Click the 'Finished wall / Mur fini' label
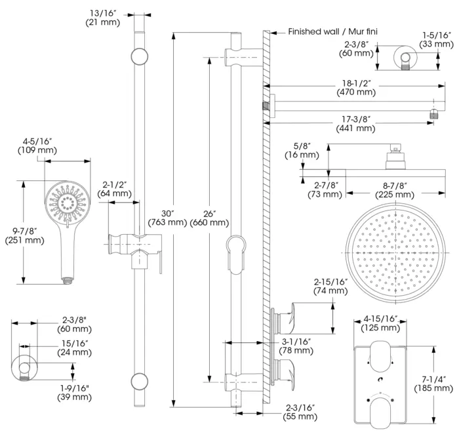coord(332,31)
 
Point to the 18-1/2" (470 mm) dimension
coord(356,88)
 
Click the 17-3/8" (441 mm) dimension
coord(356,123)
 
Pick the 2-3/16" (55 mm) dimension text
coord(301,412)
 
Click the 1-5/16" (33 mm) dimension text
coord(437,39)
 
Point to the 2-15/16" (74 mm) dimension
coord(330,286)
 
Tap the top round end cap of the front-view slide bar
coord(138,56)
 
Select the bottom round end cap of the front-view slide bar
coord(138,380)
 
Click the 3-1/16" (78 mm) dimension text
coord(296,346)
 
